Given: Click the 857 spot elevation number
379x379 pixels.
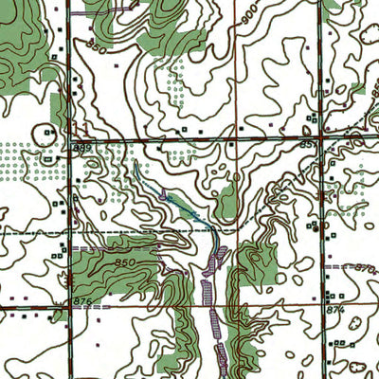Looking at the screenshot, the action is click(x=333, y=144).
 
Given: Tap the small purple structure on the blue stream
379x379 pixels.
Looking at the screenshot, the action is click(x=165, y=197).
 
